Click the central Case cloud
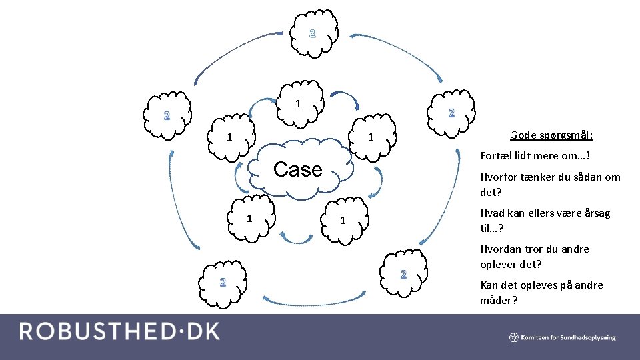299,169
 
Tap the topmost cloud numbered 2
313,33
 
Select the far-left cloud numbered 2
167,115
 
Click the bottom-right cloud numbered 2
403,273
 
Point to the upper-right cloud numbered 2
452,112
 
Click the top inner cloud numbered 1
299,103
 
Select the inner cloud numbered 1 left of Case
230,138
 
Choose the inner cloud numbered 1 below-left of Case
249,218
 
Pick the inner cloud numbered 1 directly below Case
341,221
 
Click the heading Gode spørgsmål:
551,135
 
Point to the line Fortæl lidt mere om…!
535,156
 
